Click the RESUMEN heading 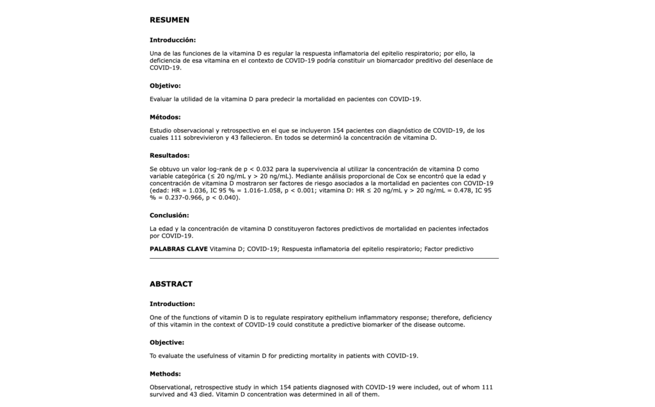170,20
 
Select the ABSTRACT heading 171,284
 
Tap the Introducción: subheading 173,40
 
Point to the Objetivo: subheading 165,86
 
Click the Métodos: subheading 165,117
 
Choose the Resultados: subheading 170,155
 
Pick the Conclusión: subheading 170,215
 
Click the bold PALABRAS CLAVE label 178,249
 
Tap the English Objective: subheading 166,342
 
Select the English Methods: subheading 165,374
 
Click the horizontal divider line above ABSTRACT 324,258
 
